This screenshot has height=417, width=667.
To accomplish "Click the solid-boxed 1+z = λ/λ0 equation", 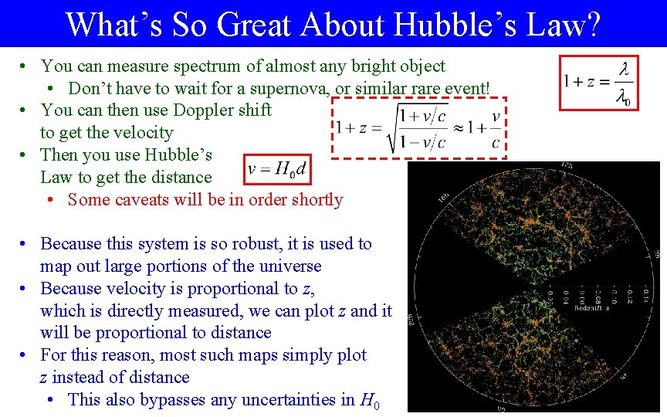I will (x=599, y=83).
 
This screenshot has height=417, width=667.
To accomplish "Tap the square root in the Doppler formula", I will (x=416, y=127).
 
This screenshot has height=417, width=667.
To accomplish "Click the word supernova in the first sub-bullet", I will (x=287, y=89).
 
